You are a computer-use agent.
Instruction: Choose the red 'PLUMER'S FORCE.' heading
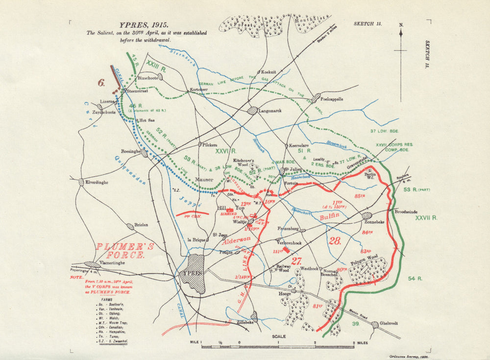(124, 250)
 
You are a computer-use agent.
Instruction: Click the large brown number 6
(101, 83)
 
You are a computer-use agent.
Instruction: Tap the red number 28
(335, 240)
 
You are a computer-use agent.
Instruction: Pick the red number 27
(296, 261)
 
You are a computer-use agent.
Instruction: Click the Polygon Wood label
(365, 257)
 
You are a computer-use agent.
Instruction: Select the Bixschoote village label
(148, 77)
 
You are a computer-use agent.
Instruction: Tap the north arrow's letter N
(401, 24)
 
